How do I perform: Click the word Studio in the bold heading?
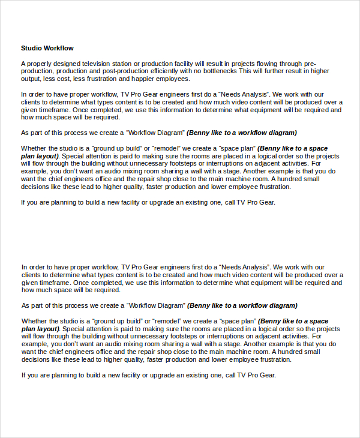(31, 48)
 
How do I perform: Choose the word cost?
(63, 79)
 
